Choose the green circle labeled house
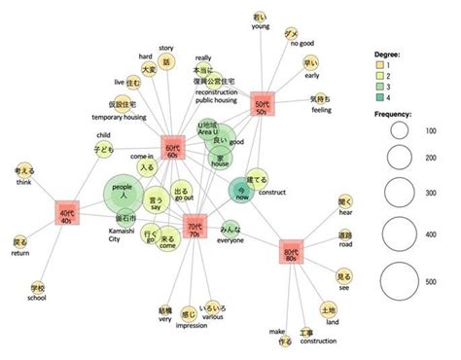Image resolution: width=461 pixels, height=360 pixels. coord(222,157)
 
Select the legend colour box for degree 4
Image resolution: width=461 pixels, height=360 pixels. coord(382,97)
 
